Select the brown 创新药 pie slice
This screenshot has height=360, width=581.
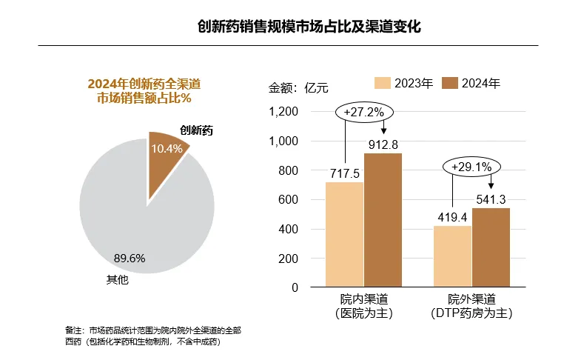point(166,152)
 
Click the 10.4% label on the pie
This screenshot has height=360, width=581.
point(167,149)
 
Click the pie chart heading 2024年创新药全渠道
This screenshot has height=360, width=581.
point(144,84)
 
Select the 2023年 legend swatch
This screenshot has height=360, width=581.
point(382,83)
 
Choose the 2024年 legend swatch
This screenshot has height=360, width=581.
point(449,83)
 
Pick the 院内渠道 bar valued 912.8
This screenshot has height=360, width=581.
point(383,220)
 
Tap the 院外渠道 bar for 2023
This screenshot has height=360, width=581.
point(452,256)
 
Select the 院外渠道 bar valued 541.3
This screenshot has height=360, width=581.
point(491,247)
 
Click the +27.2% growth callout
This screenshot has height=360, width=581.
point(364,113)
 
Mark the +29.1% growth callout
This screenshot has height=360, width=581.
point(471,167)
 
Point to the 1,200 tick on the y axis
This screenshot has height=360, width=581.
point(283,112)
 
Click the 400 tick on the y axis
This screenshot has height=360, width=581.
point(288,229)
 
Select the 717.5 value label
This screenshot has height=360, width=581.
point(345,173)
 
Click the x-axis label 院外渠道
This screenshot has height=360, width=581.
point(471,299)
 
